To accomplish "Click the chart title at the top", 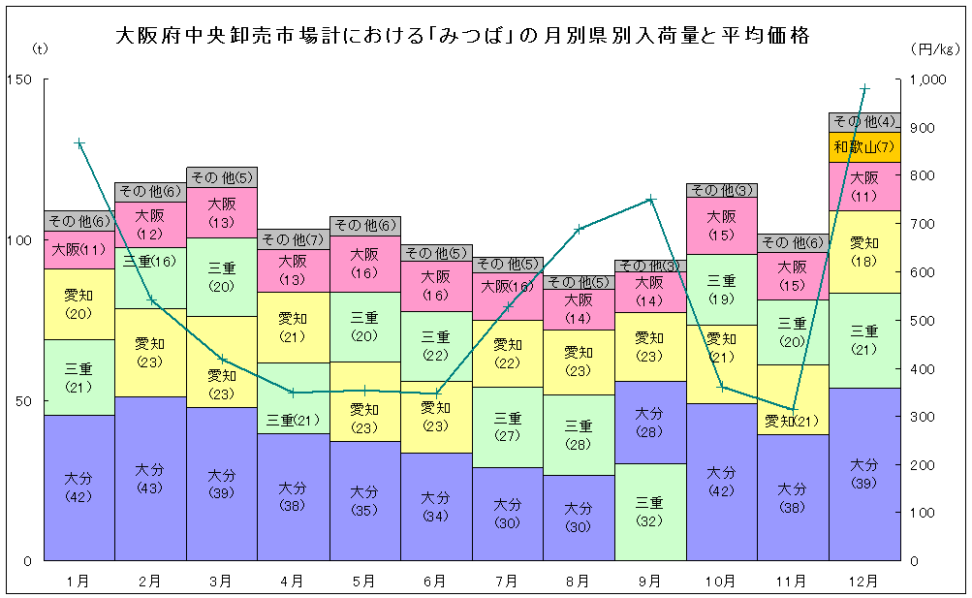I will [x=462, y=37].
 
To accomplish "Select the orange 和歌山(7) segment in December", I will [x=864, y=147].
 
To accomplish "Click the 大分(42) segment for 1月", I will [x=79, y=488].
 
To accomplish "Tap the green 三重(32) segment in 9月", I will [x=650, y=512].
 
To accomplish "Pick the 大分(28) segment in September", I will [x=650, y=423].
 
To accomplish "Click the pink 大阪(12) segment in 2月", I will [x=150, y=225].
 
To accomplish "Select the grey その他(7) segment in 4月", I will [x=293, y=239].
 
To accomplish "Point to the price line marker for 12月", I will [x=864, y=88].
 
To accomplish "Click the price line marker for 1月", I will [x=79, y=143].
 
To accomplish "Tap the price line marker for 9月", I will [x=650, y=200].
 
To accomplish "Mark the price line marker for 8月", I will [x=579, y=230].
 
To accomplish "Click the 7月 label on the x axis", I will [x=507, y=582].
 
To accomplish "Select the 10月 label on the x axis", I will [x=721, y=582].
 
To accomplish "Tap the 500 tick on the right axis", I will [x=925, y=321].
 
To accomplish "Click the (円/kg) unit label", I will [x=934, y=47].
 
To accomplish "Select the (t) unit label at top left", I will [x=39, y=47].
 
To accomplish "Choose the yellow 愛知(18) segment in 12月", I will [x=864, y=251].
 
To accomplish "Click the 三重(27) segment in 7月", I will [x=507, y=426].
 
